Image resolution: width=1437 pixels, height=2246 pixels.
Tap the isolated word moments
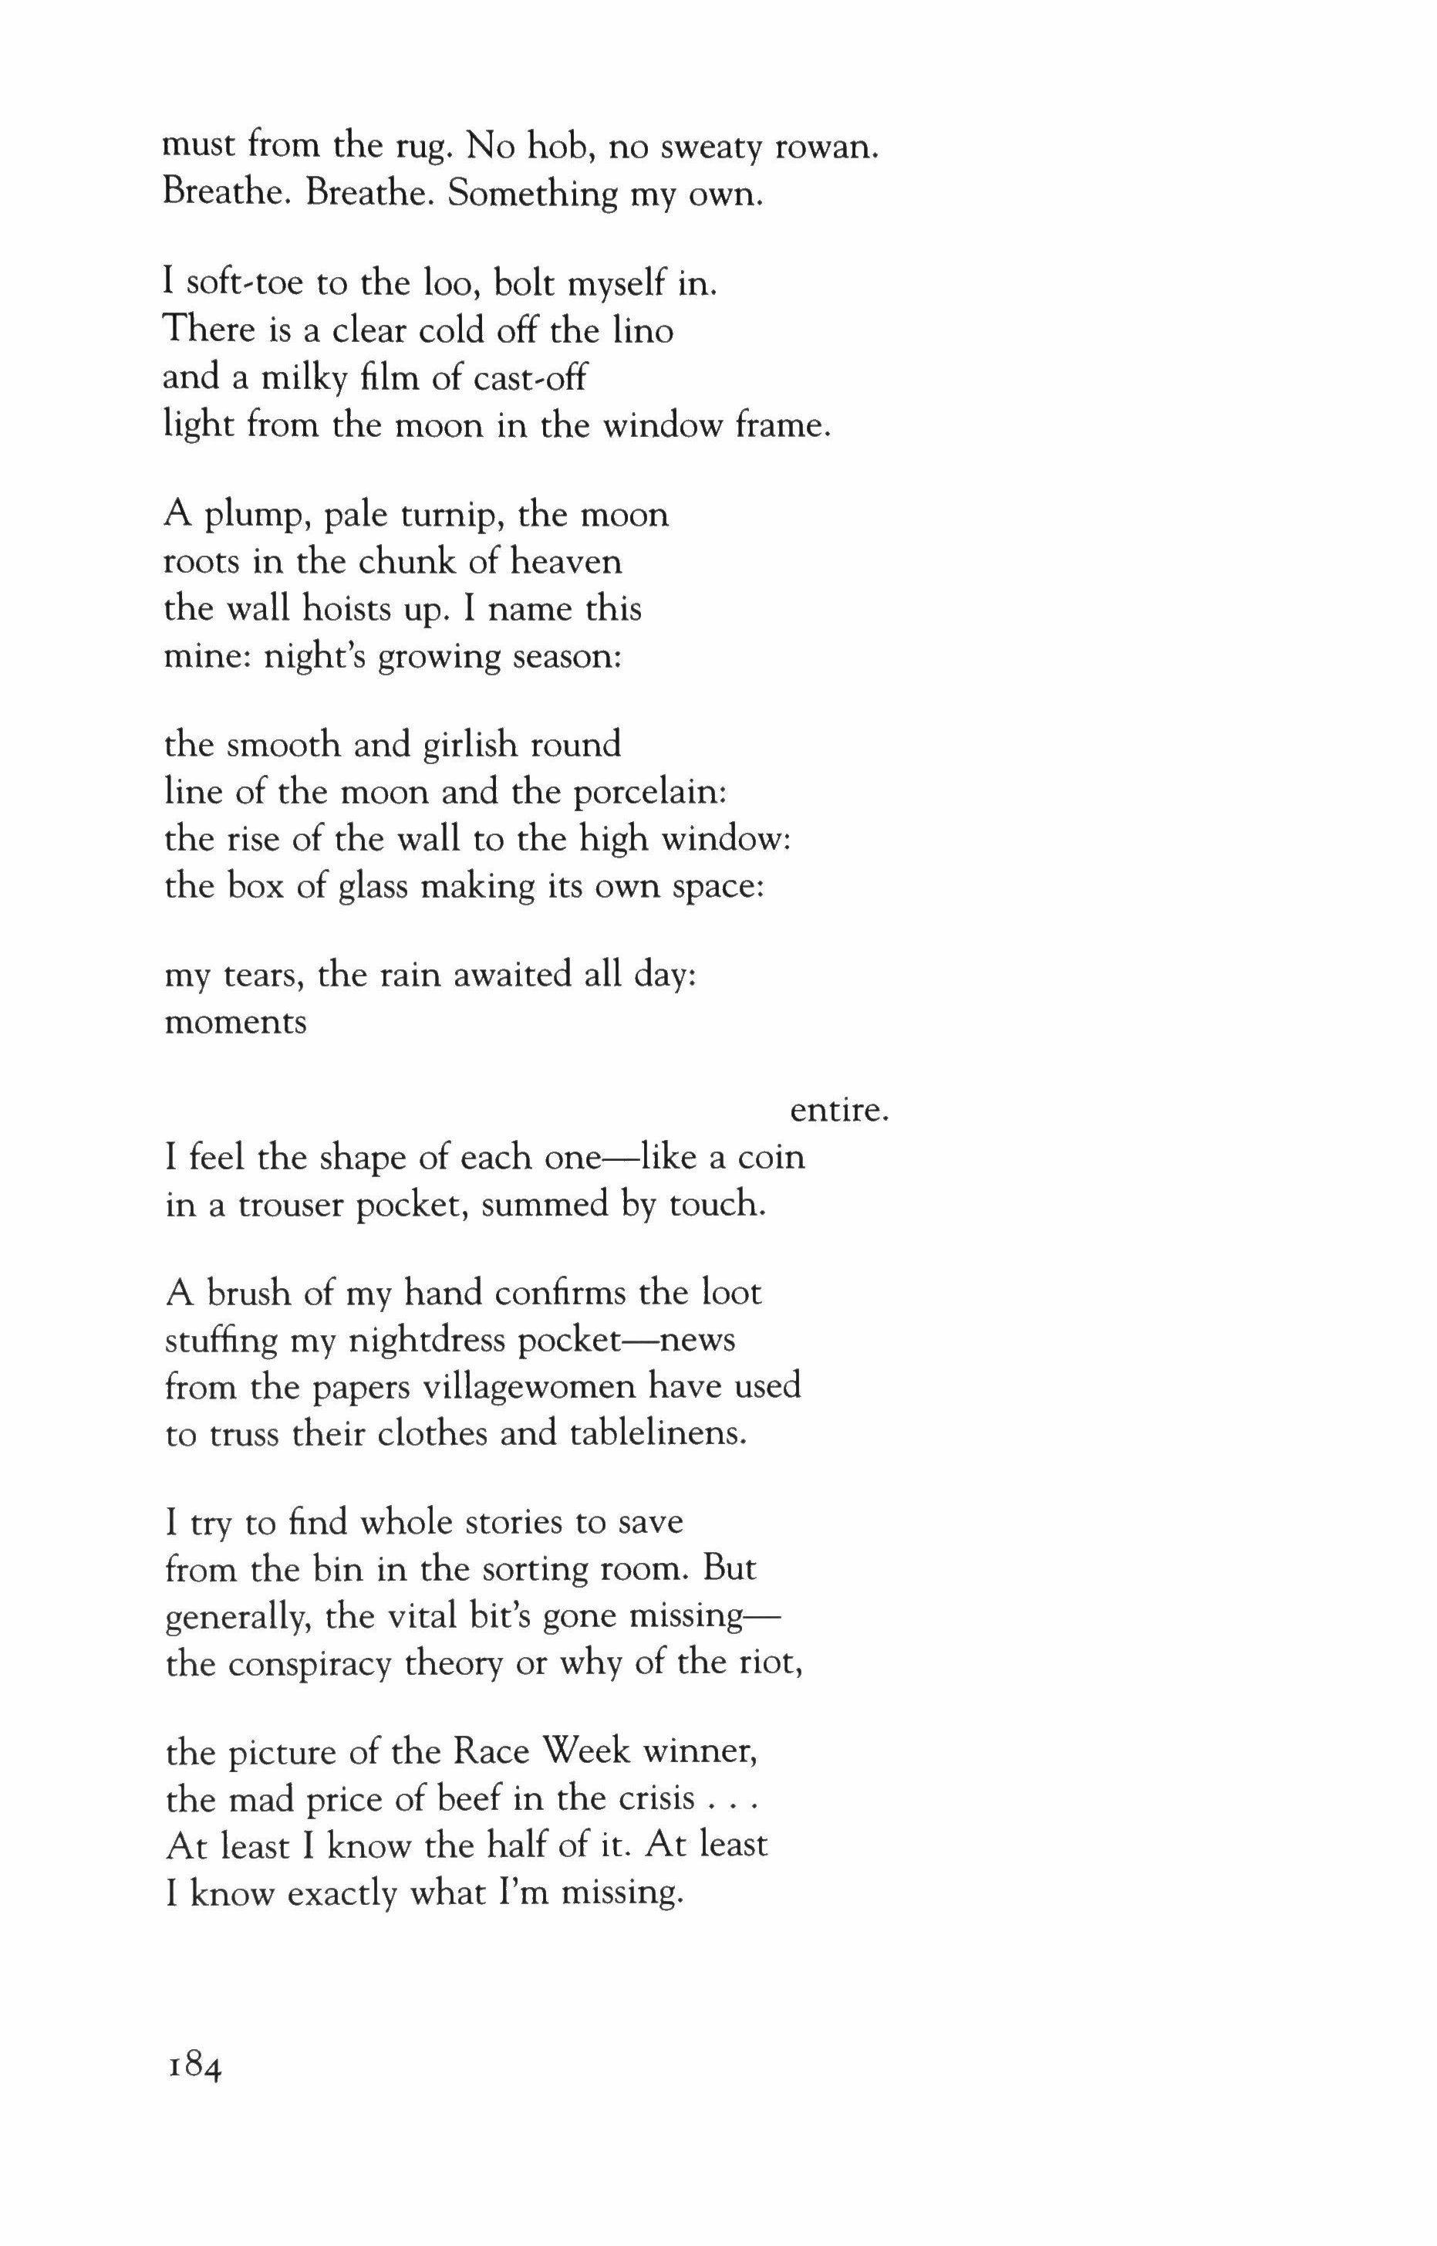point(235,1022)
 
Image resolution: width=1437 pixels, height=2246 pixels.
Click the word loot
point(730,1293)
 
